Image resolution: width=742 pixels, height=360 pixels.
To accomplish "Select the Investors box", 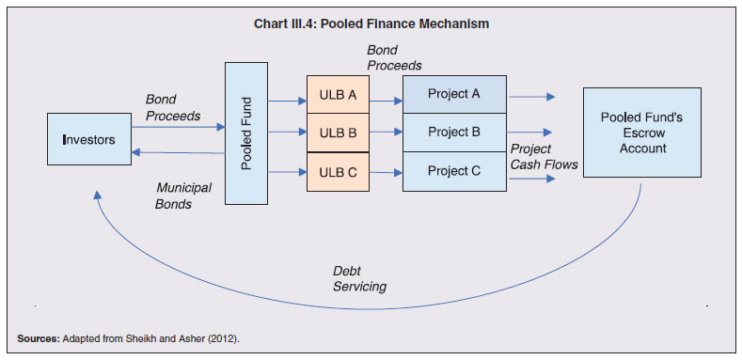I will (x=88, y=139).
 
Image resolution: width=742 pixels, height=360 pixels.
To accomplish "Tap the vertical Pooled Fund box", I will (x=246, y=133).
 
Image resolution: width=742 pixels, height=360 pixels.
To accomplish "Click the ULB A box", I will (x=338, y=95).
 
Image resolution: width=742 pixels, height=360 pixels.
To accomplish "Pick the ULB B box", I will (x=338, y=133).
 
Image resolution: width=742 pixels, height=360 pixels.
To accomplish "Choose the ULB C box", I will (x=338, y=171).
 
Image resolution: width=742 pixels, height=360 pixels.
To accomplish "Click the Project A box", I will (x=453, y=94).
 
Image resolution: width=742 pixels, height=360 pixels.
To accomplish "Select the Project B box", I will (x=453, y=133).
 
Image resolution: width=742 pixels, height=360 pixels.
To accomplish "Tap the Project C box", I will (x=453, y=171).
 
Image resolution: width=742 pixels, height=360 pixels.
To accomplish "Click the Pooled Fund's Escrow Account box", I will (x=642, y=133).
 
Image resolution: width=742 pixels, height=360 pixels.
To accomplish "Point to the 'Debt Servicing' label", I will (x=359, y=278).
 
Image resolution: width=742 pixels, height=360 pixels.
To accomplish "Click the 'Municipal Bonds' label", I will (x=183, y=196).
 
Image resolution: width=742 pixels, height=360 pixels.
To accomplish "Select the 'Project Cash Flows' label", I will (x=544, y=157).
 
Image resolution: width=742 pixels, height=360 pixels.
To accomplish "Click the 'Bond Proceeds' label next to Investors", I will (x=172, y=107).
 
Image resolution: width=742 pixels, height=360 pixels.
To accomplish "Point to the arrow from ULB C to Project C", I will (x=386, y=172).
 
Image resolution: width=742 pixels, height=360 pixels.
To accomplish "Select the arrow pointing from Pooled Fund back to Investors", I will (x=178, y=151).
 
